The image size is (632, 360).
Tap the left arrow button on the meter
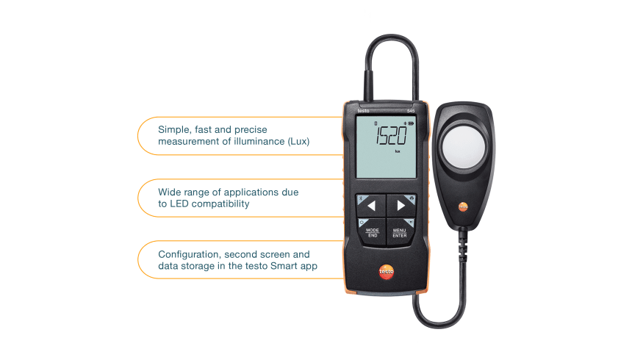(372, 206)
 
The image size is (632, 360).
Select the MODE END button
(372, 232)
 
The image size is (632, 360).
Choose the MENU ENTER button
(400, 232)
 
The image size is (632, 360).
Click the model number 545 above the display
(412, 111)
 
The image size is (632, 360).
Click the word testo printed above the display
(365, 111)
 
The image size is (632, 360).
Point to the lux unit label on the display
(397, 151)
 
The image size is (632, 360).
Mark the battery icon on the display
(407, 123)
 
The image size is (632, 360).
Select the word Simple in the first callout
(173, 129)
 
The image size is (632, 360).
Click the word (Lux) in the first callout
(296, 142)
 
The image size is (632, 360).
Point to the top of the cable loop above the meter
(392, 37)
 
